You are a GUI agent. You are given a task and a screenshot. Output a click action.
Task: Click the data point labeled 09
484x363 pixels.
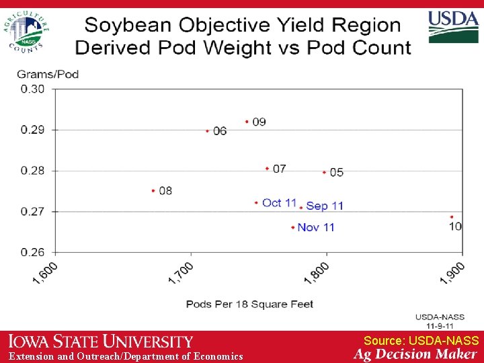point(247,122)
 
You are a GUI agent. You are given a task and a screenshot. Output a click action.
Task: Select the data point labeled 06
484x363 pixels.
point(208,130)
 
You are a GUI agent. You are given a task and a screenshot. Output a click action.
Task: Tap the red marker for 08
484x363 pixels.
point(153,191)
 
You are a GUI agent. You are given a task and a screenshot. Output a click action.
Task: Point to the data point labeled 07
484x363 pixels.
point(267,168)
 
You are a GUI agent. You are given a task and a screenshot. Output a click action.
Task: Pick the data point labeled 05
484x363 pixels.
point(324,172)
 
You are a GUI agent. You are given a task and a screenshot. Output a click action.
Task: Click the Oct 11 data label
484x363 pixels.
point(279,202)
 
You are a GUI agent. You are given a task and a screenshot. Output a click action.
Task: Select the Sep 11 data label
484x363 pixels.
point(325,206)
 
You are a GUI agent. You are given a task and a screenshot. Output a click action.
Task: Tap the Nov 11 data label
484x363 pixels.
point(315,227)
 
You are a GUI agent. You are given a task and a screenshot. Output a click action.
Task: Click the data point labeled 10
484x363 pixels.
point(452,217)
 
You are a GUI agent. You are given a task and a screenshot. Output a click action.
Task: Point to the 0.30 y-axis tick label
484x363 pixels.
point(33,89)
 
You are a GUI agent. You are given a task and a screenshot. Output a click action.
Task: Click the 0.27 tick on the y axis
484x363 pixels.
point(33,211)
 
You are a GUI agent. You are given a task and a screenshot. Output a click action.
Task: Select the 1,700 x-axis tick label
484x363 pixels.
point(181,273)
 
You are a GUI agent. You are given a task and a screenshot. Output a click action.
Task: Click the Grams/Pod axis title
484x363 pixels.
point(48,74)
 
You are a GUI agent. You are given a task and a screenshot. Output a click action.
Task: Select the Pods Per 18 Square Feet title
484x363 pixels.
point(249,304)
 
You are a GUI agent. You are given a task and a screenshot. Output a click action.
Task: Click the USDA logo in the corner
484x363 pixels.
point(454,27)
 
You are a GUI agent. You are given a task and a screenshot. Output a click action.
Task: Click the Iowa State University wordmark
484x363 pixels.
point(101,342)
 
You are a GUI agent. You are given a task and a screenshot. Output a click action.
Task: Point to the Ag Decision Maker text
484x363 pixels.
point(415,354)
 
